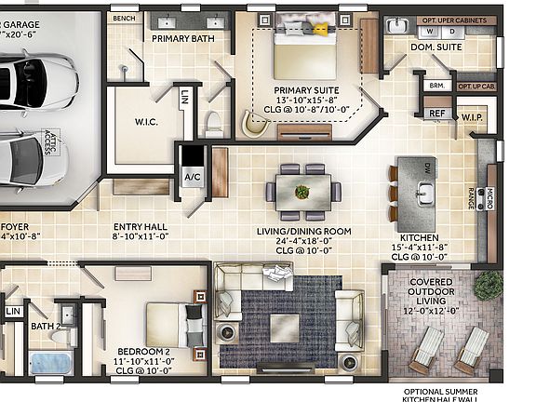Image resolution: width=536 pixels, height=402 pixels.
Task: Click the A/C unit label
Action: click(193, 177)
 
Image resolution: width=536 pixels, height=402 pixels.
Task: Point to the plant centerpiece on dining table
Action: click(302, 192)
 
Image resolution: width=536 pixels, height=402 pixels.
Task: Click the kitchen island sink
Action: click(423, 193)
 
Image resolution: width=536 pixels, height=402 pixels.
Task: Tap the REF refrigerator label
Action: click(435, 114)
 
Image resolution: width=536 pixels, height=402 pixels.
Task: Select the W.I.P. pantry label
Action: click(472, 116)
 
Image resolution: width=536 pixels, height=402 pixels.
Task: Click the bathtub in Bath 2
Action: click(51, 362)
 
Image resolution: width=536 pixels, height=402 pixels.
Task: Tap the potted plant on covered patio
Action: click(488, 287)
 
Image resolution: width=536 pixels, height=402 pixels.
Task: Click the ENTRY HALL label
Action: click(140, 226)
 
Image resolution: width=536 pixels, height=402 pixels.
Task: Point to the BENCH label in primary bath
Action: click(123, 18)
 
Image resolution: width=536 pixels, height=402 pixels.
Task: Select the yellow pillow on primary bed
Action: click(320, 30)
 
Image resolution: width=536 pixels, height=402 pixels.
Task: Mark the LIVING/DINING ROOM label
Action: click(303, 231)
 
